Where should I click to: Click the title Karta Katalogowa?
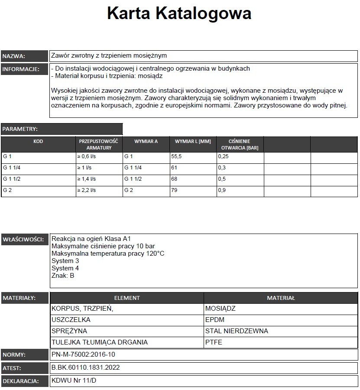[x=179, y=13]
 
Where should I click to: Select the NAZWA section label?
[x=14, y=56]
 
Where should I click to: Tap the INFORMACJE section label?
[x=21, y=69]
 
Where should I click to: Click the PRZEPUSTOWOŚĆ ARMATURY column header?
[x=99, y=144]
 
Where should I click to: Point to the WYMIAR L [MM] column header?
[x=193, y=142]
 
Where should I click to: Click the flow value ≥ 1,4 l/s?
[x=87, y=179]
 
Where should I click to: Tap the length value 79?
[x=175, y=190]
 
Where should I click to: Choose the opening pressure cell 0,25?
[x=224, y=157]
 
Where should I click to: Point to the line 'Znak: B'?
[x=63, y=275]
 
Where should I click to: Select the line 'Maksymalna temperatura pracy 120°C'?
[x=108, y=253]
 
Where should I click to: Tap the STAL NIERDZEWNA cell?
[x=237, y=331]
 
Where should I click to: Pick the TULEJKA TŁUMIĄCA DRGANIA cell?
[x=100, y=342]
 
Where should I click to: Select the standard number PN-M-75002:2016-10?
[x=83, y=354]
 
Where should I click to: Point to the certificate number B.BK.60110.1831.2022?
[x=85, y=368]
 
